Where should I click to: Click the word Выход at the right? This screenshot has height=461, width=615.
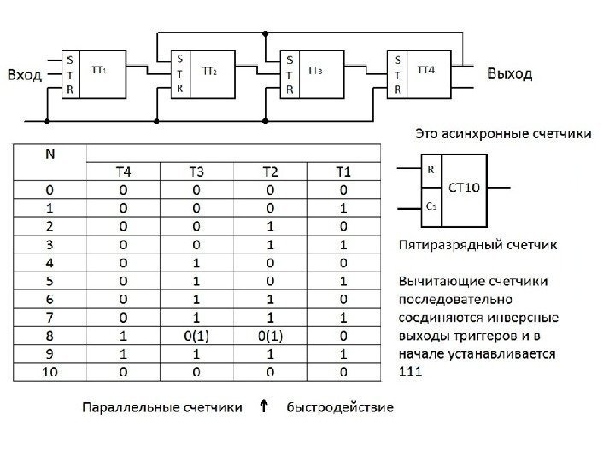(x=509, y=74)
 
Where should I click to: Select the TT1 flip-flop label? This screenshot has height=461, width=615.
(x=99, y=68)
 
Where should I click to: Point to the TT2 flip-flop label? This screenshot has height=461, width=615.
(x=209, y=72)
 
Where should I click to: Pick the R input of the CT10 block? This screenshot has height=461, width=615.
(x=430, y=169)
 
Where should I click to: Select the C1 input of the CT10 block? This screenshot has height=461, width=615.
(x=431, y=207)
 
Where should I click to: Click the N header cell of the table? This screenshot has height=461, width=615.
(x=51, y=155)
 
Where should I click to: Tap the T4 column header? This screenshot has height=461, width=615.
(x=124, y=173)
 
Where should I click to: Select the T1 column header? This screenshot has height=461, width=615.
(x=343, y=173)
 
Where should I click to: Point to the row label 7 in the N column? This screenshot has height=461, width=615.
(x=51, y=316)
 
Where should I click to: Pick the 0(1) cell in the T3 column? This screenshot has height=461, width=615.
(x=196, y=335)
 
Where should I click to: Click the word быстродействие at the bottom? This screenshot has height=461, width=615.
(x=340, y=408)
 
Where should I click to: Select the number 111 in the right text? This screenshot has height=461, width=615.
(x=411, y=372)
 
